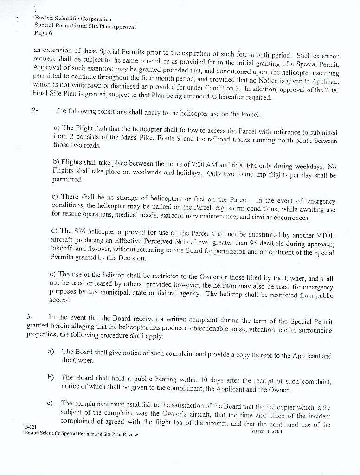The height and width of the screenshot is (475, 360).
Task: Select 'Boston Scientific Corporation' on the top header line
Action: [73, 19]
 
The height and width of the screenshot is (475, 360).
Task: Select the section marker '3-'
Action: [30, 317]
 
